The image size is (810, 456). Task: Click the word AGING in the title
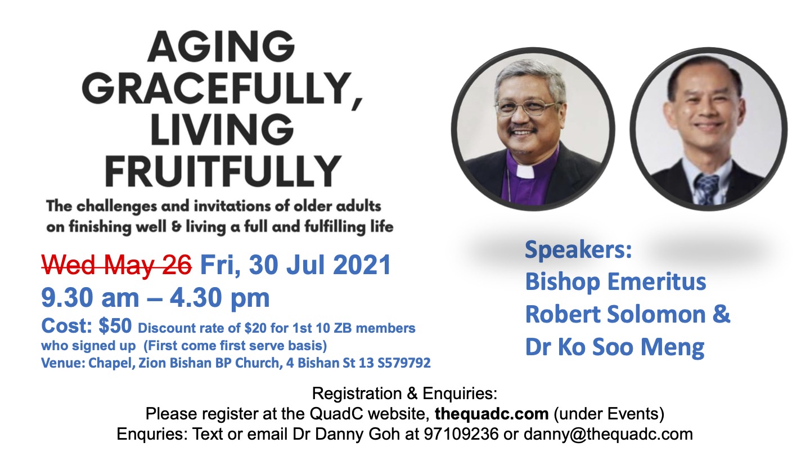(x=221, y=47)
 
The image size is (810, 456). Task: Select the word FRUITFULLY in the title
(x=223, y=171)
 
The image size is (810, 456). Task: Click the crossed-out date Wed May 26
(x=116, y=265)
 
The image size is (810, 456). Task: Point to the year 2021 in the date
(x=362, y=265)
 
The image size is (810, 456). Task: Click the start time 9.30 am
(x=90, y=298)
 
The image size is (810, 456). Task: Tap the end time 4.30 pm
(x=220, y=298)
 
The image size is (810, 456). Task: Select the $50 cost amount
(x=115, y=326)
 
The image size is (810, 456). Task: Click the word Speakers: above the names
(x=578, y=250)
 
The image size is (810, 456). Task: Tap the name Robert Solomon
(x=615, y=314)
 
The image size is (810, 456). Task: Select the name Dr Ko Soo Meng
(x=615, y=347)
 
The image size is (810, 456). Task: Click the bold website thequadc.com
(x=492, y=414)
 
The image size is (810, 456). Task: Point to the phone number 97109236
(x=461, y=434)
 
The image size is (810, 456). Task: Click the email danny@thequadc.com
(x=608, y=434)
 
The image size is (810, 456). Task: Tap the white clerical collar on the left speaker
(x=525, y=171)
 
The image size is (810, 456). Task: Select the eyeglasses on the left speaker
(x=528, y=108)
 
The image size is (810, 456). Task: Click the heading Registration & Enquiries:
(x=404, y=394)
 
